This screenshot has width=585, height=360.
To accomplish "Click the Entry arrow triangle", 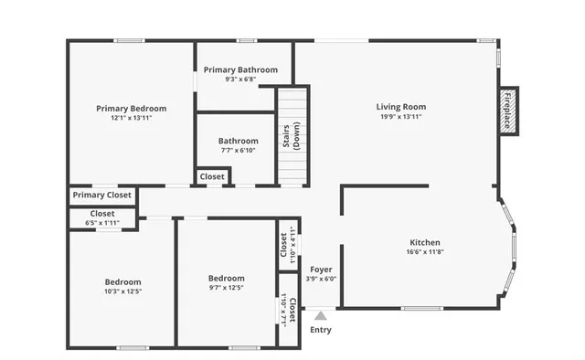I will (x=320, y=315).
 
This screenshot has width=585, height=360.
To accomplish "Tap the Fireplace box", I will (x=507, y=111).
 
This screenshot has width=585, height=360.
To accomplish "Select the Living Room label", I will (x=402, y=107).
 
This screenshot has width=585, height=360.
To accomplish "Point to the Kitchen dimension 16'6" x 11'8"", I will (x=425, y=252).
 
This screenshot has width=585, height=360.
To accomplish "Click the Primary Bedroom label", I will (x=131, y=108).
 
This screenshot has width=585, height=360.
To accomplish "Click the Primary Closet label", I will (x=102, y=195).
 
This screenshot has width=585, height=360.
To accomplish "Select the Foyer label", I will (x=321, y=270).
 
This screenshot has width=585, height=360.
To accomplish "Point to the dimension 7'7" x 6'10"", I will (x=238, y=151).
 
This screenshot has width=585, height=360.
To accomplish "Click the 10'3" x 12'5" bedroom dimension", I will (x=122, y=291).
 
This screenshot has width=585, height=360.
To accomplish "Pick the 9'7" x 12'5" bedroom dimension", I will (x=226, y=289).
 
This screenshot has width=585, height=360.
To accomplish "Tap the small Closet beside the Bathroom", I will (x=212, y=176).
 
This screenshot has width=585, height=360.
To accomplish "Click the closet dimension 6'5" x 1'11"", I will (x=102, y=223).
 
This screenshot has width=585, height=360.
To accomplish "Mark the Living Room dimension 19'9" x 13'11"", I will (x=402, y=117).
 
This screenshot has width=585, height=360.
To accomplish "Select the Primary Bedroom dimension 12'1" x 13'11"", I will (x=131, y=118).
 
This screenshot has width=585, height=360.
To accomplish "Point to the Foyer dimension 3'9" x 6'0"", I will (x=321, y=280).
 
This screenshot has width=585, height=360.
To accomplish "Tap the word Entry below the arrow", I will (x=321, y=330).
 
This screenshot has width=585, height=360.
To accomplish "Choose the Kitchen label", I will (x=425, y=242).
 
